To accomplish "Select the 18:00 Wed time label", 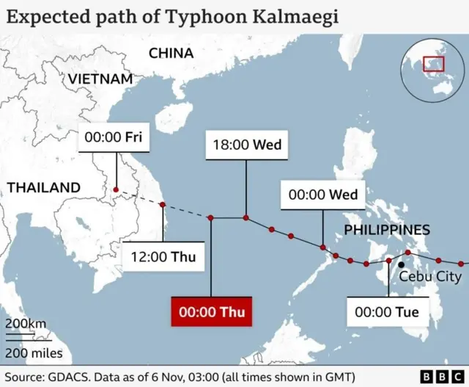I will tap(246, 145).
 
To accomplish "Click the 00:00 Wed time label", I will tap(323, 195).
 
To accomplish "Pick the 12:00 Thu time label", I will tap(163, 257).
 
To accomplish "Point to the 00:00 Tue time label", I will tap(387, 312).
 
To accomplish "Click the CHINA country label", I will tap(171, 53).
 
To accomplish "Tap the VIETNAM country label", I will tap(100, 79).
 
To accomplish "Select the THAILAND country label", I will tap(44, 187).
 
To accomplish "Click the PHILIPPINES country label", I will tap(387, 230).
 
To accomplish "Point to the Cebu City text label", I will tap(430, 276).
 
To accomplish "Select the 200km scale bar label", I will tap(26, 325).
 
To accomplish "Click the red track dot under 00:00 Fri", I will tap(115, 190).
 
